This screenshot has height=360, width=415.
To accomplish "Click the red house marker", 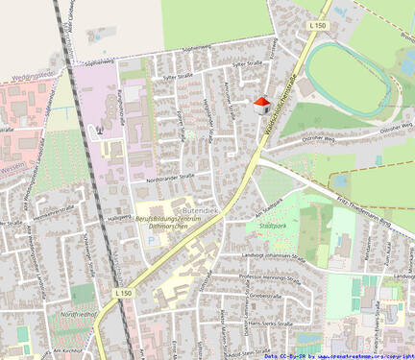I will (x=259, y=104).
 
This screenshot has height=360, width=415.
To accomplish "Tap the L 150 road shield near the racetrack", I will (x=319, y=25).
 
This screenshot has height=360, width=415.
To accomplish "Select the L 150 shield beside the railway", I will (x=122, y=292).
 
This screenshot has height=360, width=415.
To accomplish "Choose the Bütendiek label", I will (x=201, y=209).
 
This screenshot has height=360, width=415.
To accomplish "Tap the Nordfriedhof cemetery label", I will (x=79, y=314).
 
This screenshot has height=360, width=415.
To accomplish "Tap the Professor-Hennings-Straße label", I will (x=275, y=276).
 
